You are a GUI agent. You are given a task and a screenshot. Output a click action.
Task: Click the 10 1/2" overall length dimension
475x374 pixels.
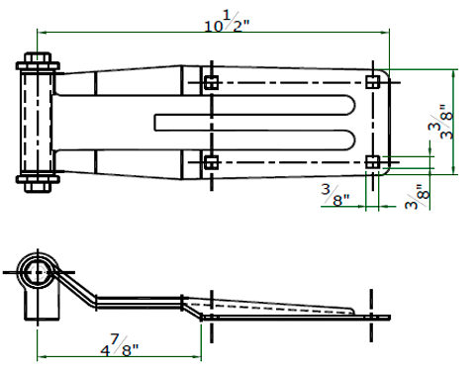point(228,22)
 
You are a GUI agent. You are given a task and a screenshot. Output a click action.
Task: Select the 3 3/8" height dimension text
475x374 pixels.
point(440,122)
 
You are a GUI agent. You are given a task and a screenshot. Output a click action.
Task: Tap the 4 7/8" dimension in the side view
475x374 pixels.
point(120,345)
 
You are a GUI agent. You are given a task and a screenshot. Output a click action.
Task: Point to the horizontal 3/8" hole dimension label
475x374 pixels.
point(334,195)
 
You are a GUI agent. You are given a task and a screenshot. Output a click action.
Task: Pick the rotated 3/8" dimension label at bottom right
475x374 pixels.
point(418,197)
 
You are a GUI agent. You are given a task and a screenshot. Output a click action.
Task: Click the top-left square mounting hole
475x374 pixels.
point(211,82)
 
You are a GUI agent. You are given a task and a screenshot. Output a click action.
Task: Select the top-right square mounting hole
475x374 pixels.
point(373,82)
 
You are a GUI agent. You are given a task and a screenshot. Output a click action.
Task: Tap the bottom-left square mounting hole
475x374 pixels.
point(211,162)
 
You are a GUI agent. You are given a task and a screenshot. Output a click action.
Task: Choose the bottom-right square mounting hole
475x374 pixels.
point(373,162)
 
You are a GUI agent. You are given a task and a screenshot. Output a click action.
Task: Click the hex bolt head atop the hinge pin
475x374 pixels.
point(38,57)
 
